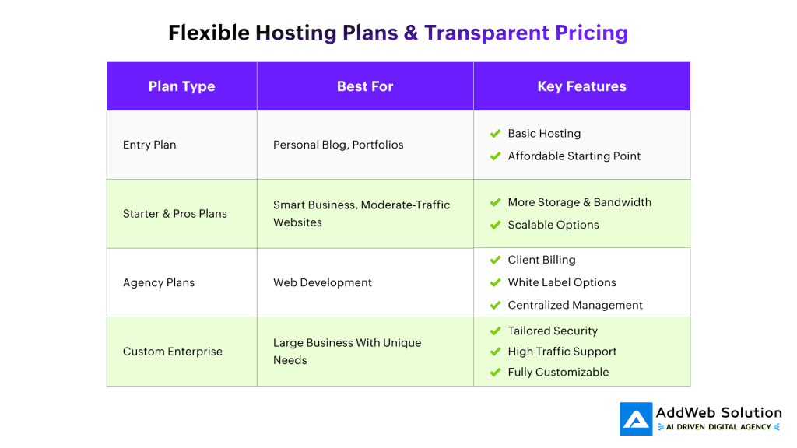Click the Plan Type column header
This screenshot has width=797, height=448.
click(x=181, y=86)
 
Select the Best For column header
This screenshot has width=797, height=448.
click(x=365, y=86)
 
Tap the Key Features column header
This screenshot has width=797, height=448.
click(x=581, y=86)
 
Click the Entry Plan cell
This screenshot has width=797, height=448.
click(x=149, y=145)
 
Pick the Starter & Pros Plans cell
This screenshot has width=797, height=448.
click(x=175, y=214)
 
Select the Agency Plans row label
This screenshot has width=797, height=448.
click(x=159, y=282)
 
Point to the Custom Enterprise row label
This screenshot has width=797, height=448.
click(x=173, y=352)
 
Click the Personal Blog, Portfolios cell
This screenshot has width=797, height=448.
click(x=338, y=145)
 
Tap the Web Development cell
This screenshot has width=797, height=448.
click(x=322, y=282)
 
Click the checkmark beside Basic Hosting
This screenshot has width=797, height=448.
click(x=496, y=134)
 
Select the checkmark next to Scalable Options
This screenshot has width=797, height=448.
click(x=496, y=225)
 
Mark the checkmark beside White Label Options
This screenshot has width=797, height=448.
click(x=496, y=282)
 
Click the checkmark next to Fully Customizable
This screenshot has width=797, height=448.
click(x=496, y=373)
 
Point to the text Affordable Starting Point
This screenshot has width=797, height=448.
click(x=574, y=156)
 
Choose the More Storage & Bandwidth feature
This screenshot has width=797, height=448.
click(x=579, y=202)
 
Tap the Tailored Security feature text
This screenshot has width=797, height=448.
click(x=553, y=331)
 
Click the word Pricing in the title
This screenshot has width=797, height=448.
click(x=592, y=33)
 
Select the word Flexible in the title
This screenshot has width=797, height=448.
click(x=209, y=33)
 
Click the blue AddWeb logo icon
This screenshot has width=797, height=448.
click(x=636, y=419)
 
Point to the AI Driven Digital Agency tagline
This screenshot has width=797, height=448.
click(x=718, y=427)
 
